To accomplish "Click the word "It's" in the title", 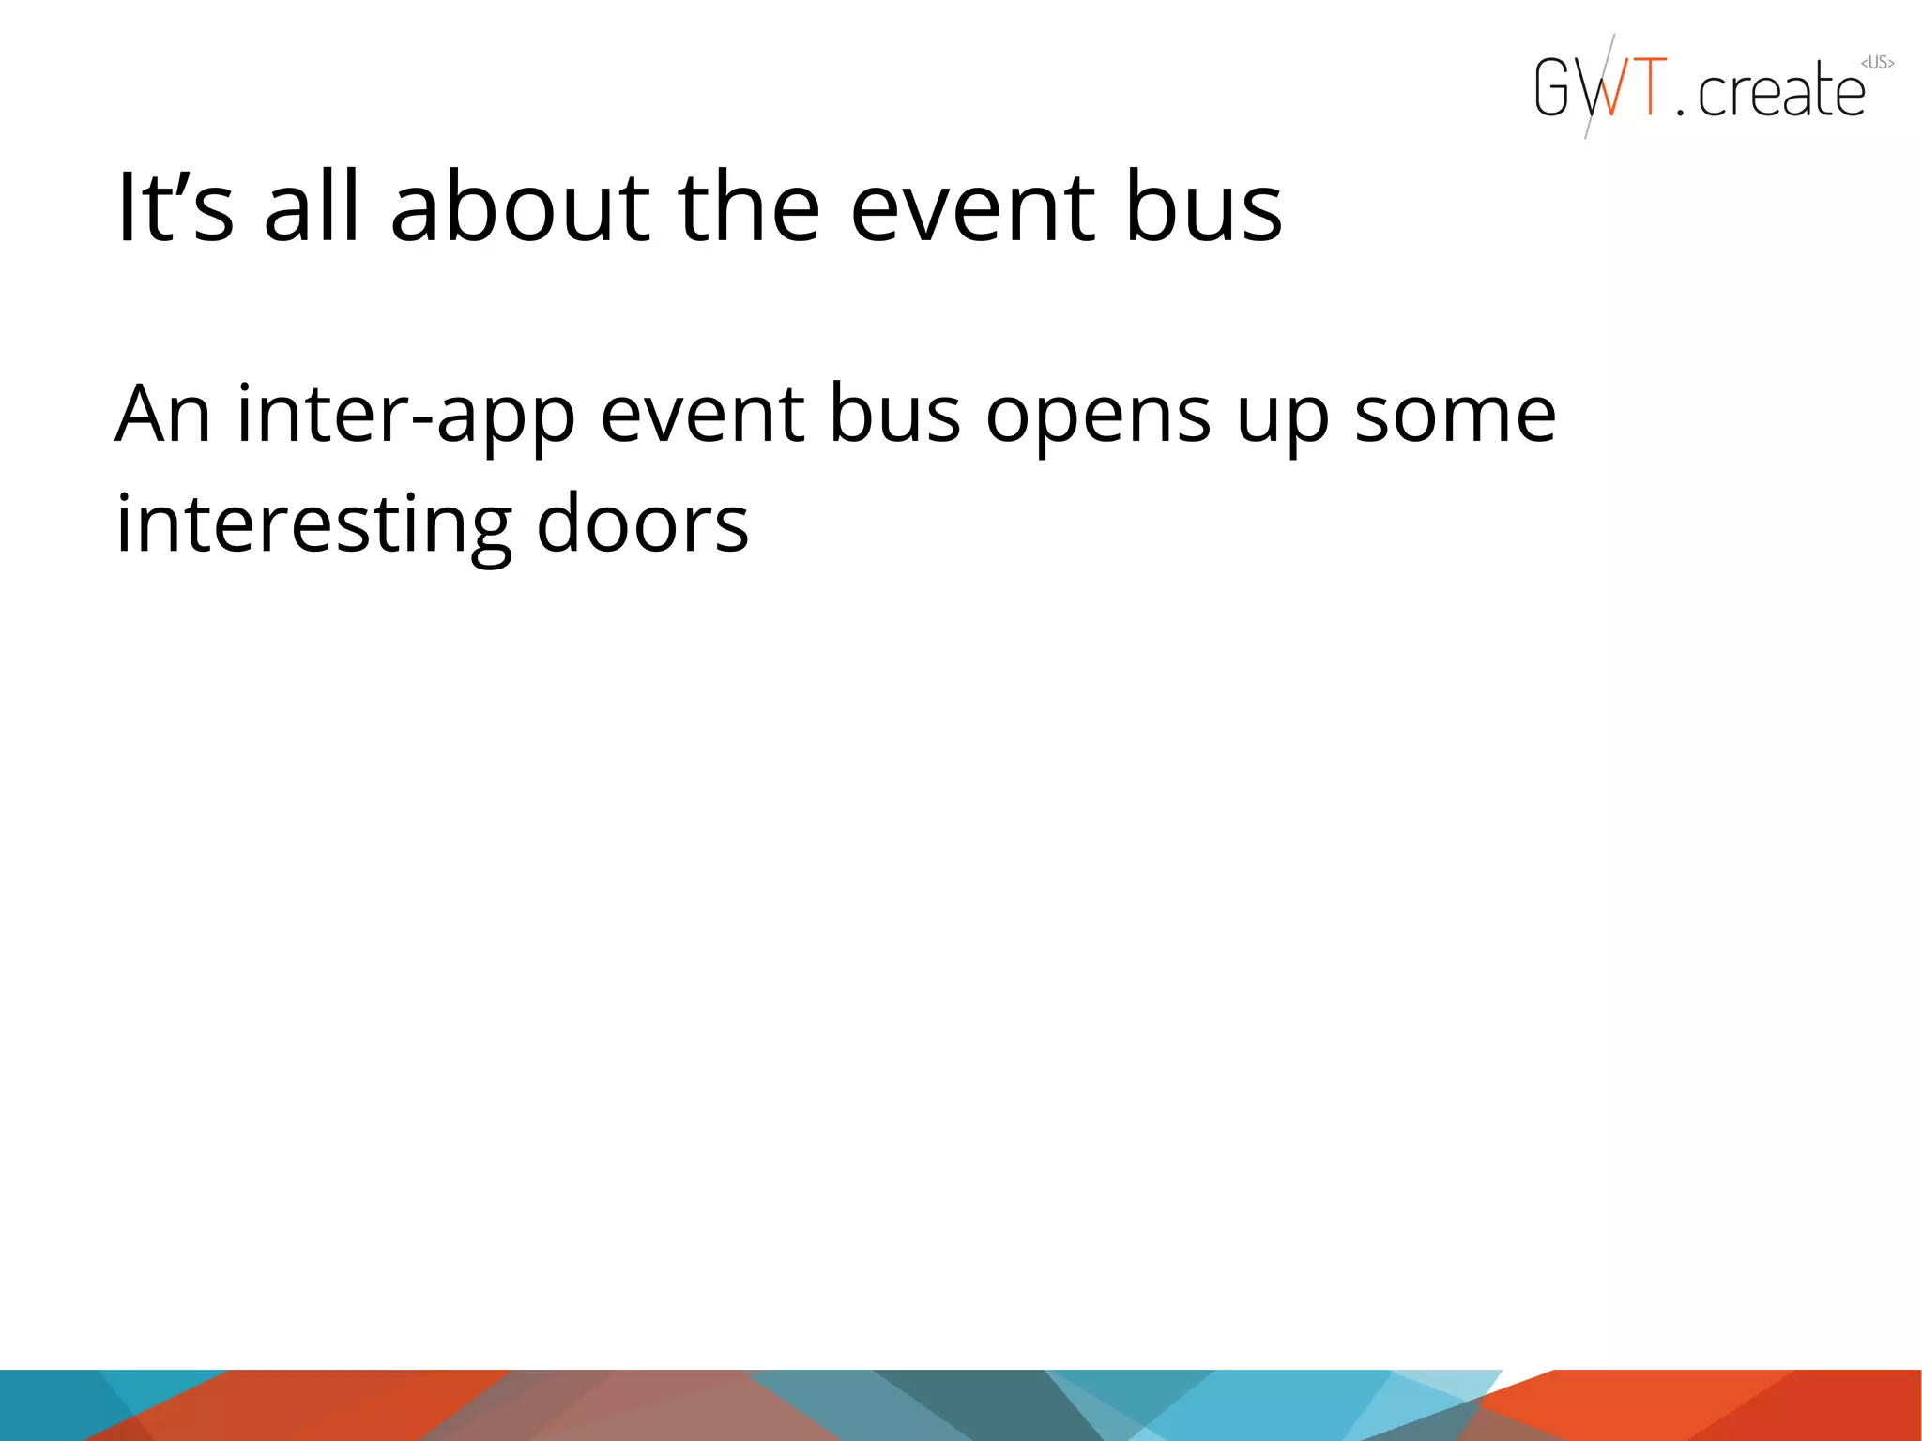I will [x=175, y=207].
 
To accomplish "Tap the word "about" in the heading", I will [x=520, y=207].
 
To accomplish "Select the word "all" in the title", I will [x=312, y=207].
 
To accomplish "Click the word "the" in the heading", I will [x=749, y=207].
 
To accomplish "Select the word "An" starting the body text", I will [x=162, y=415].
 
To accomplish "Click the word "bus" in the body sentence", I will [x=894, y=415].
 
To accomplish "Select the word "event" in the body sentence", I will [x=702, y=415].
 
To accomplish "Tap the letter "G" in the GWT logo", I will [x=1553, y=87].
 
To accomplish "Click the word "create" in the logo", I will [x=1781, y=92].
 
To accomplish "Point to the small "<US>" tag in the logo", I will [x=1877, y=63].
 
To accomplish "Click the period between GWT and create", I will [x=1680, y=112].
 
